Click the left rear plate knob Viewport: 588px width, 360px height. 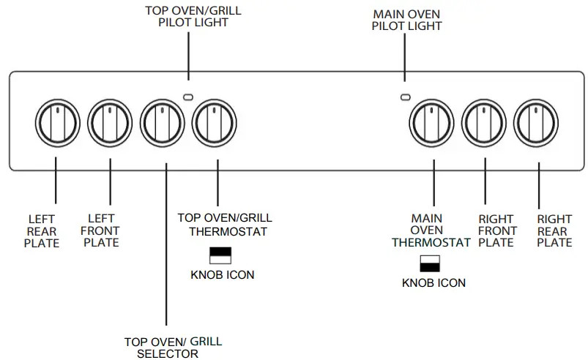pyautogui.click(x=57, y=121)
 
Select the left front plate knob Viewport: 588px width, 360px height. pyautogui.click(x=110, y=121)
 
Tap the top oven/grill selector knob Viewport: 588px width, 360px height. pyautogui.click(x=163, y=121)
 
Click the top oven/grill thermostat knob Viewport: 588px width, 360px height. pyautogui.click(x=215, y=121)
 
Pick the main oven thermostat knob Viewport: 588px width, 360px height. pyautogui.click(x=432, y=121)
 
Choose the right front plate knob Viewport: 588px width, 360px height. pyautogui.click(x=485, y=121)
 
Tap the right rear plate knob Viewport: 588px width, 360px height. pyautogui.click(x=537, y=121)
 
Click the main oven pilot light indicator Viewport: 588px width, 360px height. pyautogui.click(x=405, y=97)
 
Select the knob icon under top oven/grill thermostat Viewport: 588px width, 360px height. pyautogui.click(x=220, y=255)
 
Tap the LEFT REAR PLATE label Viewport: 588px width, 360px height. pyautogui.click(x=42, y=230)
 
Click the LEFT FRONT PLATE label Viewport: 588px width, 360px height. pyautogui.click(x=101, y=230)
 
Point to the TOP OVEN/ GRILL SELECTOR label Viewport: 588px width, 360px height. pyautogui.click(x=173, y=348)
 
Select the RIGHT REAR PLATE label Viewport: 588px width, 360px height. pyautogui.click(x=554, y=230)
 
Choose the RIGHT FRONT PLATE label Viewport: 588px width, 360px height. pyautogui.click(x=497, y=230)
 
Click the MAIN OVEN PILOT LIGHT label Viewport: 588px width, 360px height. pyautogui.click(x=406, y=20)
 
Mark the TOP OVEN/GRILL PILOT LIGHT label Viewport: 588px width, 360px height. pyautogui.click(x=193, y=16)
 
